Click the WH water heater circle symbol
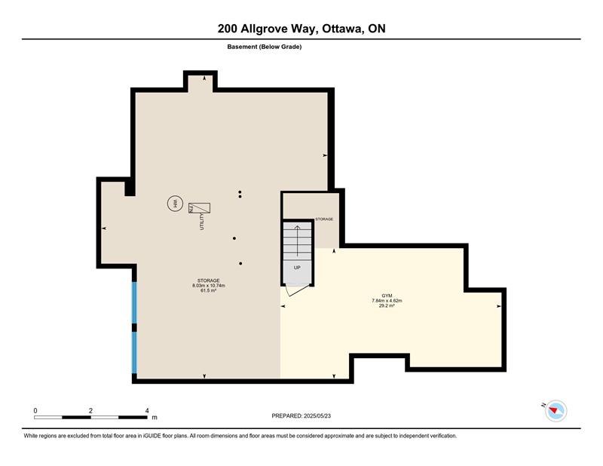click(x=175, y=203)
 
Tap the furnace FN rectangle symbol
click(x=199, y=208)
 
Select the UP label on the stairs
click(x=297, y=268)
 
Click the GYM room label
click(x=387, y=296)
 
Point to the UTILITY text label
click(x=201, y=222)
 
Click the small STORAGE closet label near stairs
click(x=324, y=219)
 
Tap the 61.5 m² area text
click(x=209, y=290)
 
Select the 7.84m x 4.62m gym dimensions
click(x=387, y=301)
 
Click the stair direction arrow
click(x=297, y=241)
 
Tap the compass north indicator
click(x=556, y=411)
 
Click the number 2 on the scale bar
click(x=90, y=411)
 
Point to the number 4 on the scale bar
click(x=147, y=411)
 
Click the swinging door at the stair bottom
click(x=296, y=290)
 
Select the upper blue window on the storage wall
click(x=134, y=302)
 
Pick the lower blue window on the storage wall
click(x=134, y=352)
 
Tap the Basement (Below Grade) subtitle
click(x=265, y=47)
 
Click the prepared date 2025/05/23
click(x=317, y=415)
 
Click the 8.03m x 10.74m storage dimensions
click(x=209, y=286)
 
